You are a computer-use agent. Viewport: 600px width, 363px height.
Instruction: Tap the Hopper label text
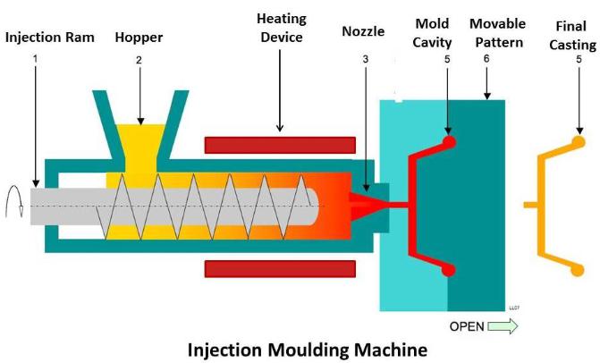139,38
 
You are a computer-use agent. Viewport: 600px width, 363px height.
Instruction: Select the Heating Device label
280,28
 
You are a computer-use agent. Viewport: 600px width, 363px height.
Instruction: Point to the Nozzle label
363,31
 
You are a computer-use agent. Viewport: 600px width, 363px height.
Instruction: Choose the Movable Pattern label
497,31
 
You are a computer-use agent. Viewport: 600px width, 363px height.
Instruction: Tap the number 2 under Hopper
139,60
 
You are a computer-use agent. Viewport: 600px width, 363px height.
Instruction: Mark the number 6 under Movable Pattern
486,58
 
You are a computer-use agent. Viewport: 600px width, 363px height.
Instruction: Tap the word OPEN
466,327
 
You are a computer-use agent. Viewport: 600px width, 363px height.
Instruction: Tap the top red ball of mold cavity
449,140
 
